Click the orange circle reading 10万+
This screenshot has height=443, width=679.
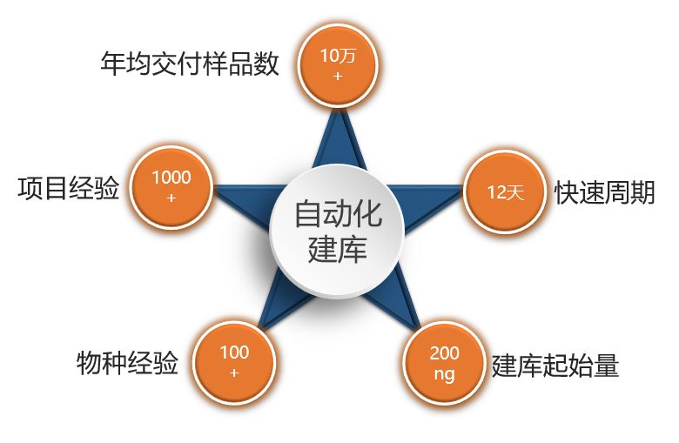(x=338, y=65)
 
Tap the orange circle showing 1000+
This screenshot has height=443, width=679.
(x=171, y=187)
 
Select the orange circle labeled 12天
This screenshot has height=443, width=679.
(x=505, y=191)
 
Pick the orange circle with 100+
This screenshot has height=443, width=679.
(x=234, y=362)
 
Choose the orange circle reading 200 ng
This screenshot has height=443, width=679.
(x=444, y=363)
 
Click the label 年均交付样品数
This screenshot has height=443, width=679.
(x=190, y=64)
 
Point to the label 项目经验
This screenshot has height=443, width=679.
(x=69, y=188)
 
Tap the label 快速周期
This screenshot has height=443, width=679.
(x=604, y=191)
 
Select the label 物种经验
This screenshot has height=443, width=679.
(x=127, y=363)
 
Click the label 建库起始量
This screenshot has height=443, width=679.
(x=555, y=365)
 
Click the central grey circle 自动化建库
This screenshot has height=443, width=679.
(x=337, y=231)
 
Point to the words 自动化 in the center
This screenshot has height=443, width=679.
(x=338, y=213)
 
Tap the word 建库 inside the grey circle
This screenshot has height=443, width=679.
(x=338, y=249)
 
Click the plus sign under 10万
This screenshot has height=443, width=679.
(x=339, y=77)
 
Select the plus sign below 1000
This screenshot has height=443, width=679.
(x=171, y=198)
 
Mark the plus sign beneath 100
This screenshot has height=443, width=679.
(x=234, y=373)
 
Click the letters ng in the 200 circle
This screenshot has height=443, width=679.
(x=444, y=373)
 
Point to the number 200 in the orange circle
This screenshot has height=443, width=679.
(x=444, y=353)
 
